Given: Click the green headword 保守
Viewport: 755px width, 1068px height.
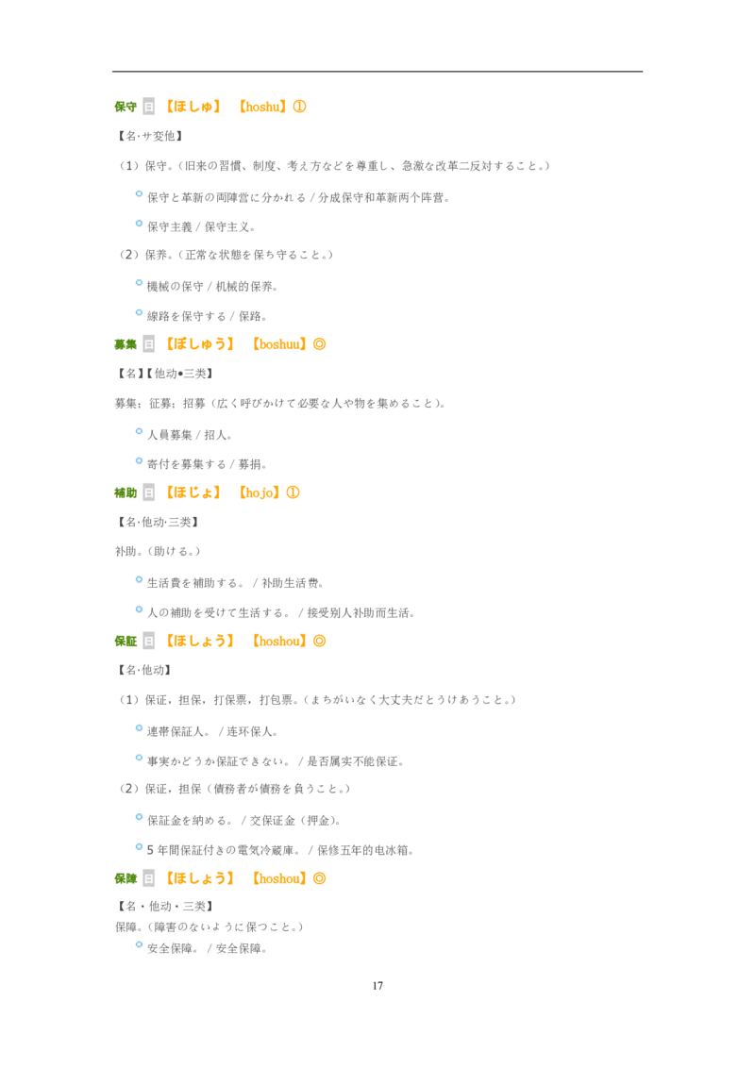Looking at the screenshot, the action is pos(126,107).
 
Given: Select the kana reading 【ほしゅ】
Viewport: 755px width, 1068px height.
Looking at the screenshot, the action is pos(194,107).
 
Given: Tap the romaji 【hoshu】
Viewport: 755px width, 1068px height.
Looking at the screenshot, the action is pos(262,107).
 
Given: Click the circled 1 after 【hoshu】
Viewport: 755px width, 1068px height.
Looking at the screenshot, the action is pos(299,107).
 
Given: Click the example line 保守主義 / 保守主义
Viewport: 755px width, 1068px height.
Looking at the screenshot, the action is pos(201,226).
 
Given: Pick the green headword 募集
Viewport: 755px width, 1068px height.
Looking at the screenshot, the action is pos(126,344).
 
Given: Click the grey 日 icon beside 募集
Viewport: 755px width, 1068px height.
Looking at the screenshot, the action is pos(148,344).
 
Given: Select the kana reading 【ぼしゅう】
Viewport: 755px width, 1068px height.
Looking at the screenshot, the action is pos(201,344).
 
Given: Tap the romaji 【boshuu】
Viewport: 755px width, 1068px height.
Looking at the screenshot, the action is pos(279,344).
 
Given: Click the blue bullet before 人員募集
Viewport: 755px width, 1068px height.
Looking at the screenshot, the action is pos(139,431).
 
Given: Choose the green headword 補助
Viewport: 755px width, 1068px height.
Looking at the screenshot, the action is pos(126,493).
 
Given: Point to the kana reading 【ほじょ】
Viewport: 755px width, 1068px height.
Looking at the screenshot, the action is pos(194,493).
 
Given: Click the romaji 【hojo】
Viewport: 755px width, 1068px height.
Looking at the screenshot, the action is pos(260,493).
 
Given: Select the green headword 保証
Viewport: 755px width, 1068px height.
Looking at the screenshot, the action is pos(126,642).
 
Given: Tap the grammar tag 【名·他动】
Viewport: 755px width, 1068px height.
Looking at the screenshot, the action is pos(144,670).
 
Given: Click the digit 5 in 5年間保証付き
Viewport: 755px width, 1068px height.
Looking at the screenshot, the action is pos(150,850).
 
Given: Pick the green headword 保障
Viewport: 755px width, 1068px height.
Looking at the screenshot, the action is pos(126,878).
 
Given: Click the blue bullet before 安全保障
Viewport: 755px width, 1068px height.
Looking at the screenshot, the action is pos(139,944).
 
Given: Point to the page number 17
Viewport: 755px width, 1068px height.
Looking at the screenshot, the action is pos(377,986).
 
